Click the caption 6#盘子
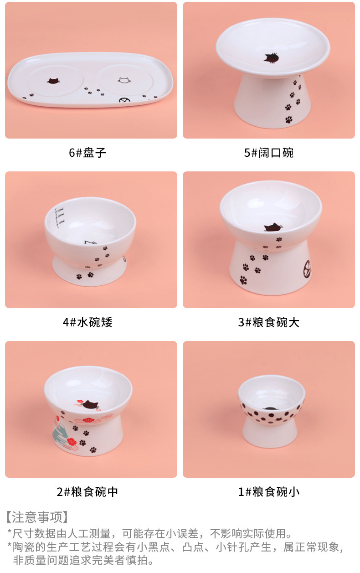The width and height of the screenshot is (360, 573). coord(87,153)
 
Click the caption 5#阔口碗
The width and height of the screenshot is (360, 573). coord(269,153)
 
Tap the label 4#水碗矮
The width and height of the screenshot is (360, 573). coord(87,322)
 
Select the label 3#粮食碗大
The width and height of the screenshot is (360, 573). coord(269,322)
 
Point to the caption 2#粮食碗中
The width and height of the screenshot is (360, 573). coord(87,491)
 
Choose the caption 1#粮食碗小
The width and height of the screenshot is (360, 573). coord(269,491)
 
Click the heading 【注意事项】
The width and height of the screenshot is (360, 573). coord(37,517)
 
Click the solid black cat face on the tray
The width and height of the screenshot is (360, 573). coord(53,81)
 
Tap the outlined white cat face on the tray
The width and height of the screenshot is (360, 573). coord(124,80)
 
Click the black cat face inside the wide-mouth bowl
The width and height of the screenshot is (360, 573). coord(272,58)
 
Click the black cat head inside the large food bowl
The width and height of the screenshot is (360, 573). coord(273,227)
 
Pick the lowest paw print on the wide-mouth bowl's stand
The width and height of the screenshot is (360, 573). coord(289,119)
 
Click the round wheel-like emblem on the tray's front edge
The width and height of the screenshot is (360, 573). coord(124,100)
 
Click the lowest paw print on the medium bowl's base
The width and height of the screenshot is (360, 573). coord(93,449)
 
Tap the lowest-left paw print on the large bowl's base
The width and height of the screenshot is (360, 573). coord(243,280)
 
